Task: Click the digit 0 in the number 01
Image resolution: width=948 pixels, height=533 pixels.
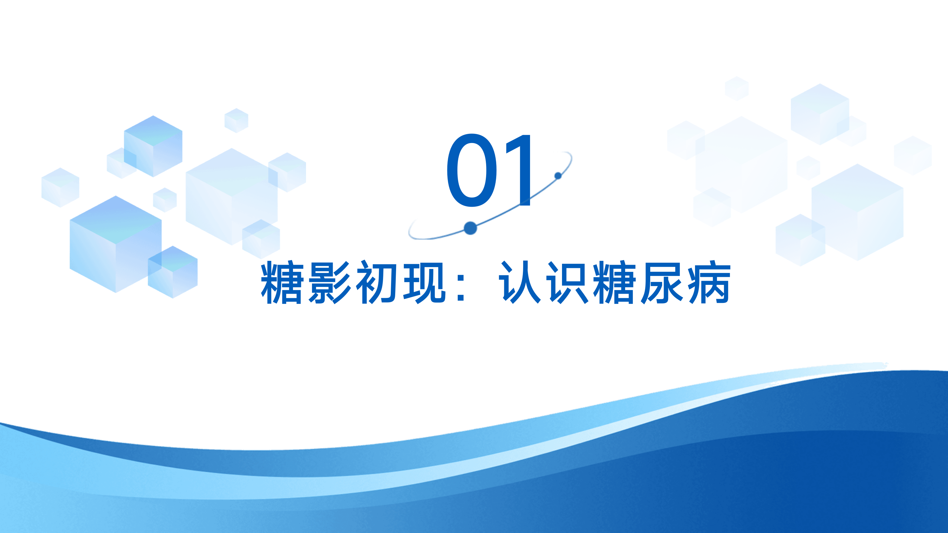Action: pos(472,170)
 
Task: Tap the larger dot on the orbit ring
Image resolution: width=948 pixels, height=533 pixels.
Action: pos(470,228)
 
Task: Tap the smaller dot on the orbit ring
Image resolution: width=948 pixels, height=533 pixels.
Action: pos(558,176)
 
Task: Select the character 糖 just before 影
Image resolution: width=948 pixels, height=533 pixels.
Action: pos(282,282)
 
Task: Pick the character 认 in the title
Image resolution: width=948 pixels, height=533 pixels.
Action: pos(520,282)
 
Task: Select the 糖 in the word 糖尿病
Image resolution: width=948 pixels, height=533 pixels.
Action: pos(615,282)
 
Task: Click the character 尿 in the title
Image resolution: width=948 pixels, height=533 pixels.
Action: pos(662,282)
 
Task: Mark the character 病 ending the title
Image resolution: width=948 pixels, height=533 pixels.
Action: pos(710,282)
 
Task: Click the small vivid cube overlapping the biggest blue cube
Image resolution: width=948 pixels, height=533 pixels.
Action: pos(173,272)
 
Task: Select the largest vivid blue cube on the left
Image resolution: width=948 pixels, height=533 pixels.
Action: pos(116,244)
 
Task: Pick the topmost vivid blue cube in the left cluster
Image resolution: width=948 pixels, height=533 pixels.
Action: pos(153,146)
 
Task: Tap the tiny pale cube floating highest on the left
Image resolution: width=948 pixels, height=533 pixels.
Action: pos(237,120)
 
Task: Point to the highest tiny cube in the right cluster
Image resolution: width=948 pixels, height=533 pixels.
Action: pos(737,88)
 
